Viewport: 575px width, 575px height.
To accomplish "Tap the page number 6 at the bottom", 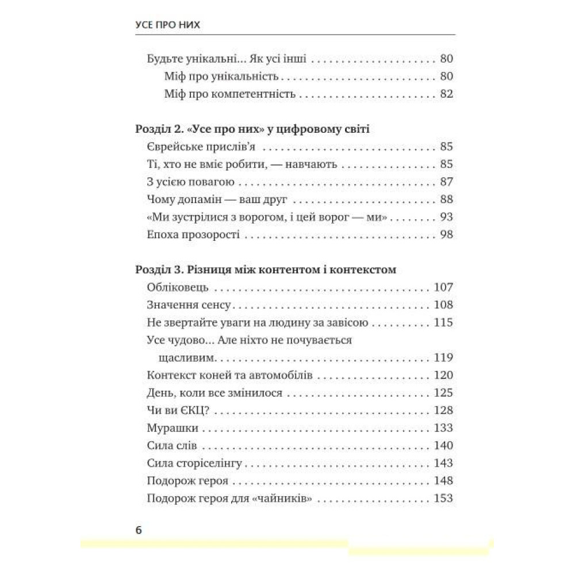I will (x=139, y=529).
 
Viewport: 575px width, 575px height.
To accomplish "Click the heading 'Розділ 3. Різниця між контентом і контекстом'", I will (x=264, y=269).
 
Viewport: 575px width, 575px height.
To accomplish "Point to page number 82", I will (x=446, y=94).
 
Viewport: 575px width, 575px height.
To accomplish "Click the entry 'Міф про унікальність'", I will (x=221, y=76).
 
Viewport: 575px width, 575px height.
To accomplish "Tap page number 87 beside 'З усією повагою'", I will (x=446, y=182).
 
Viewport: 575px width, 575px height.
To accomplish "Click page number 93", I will (x=446, y=217).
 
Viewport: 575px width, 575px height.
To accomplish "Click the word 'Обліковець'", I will (x=173, y=287).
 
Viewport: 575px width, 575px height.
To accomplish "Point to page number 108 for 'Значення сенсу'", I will (x=443, y=305).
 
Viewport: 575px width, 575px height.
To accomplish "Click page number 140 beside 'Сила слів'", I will (x=443, y=446).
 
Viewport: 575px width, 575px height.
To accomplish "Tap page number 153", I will (x=443, y=499).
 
